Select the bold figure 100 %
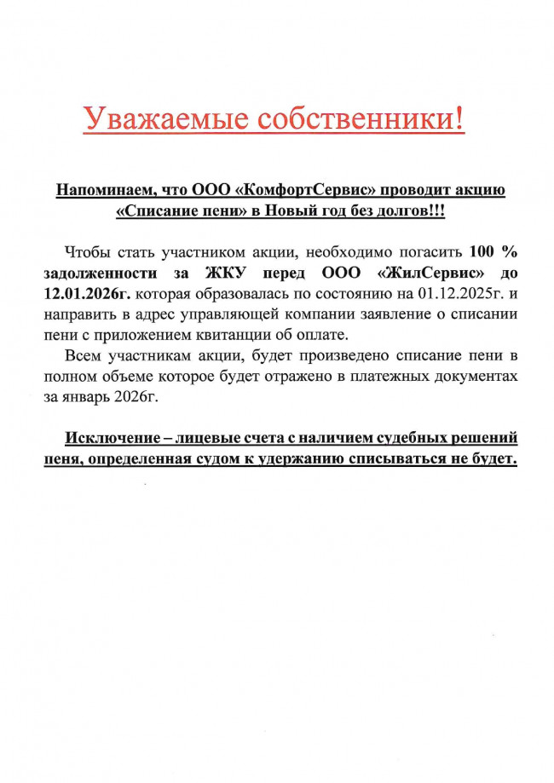pyautogui.click(x=493, y=253)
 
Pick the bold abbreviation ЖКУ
pyautogui.click(x=227, y=273)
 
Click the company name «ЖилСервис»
pyautogui.click(x=431, y=273)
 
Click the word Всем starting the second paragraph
pyautogui.click(x=85, y=355)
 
